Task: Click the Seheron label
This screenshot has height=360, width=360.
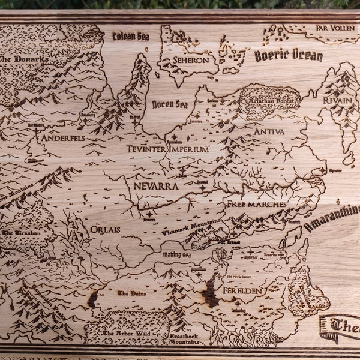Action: coord(191,60)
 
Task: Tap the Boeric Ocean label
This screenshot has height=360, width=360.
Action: coord(288,56)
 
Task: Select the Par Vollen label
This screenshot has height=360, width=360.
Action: coord(334,28)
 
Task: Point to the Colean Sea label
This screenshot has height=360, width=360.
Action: coord(131,36)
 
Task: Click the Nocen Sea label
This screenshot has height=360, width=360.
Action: coord(170,104)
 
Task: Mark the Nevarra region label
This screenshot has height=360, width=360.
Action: coord(156,186)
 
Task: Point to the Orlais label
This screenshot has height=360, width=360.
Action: coord(105,229)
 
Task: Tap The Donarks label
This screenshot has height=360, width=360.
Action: coord(24,59)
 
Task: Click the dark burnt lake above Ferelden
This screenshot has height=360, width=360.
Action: coord(210,293)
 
